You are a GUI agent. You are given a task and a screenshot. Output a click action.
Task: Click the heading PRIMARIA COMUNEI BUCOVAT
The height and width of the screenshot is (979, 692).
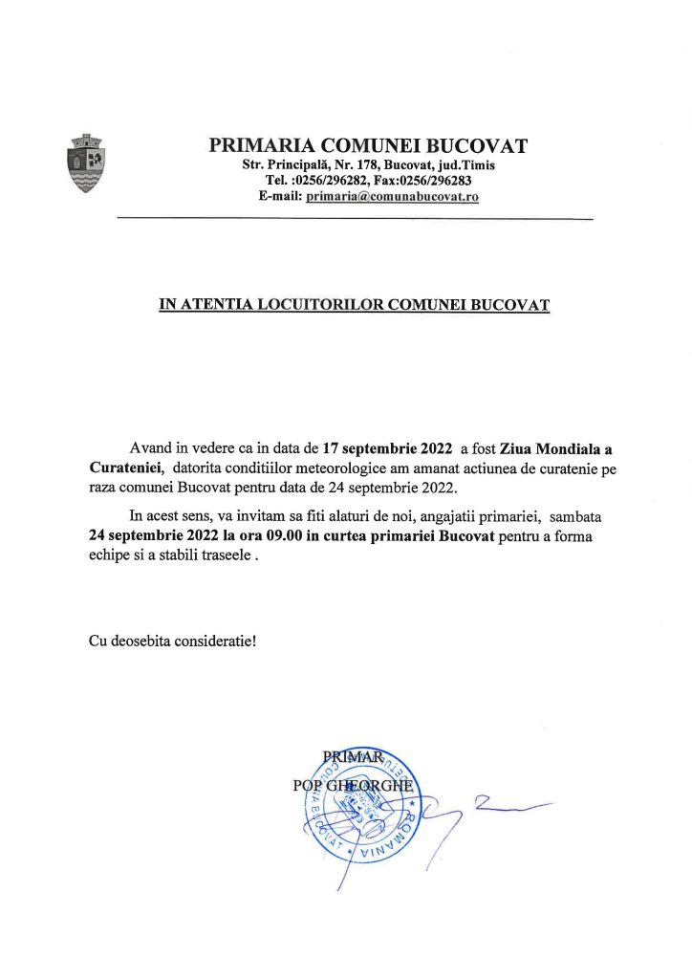(368, 146)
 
